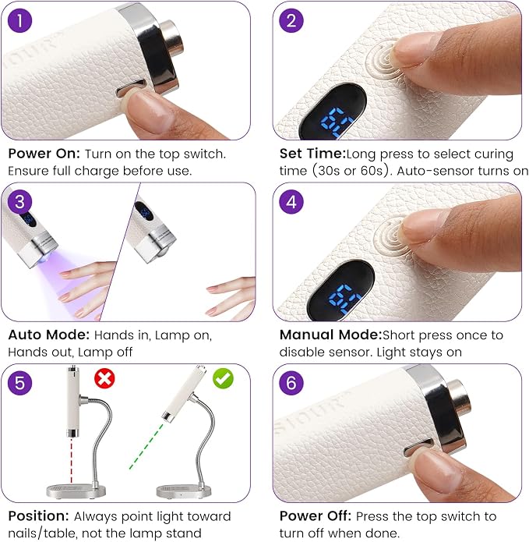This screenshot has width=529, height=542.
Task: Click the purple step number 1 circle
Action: tap(19, 20)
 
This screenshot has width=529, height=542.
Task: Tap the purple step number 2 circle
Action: tap(291, 20)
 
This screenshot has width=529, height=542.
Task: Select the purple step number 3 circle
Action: tap(19, 201)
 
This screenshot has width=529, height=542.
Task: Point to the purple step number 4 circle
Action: tap(291, 201)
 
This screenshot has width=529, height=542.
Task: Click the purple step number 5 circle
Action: tap(19, 383)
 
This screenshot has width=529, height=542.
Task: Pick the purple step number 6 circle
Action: tap(291, 383)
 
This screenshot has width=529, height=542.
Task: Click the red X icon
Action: tap(104, 378)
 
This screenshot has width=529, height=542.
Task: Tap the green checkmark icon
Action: tap(223, 378)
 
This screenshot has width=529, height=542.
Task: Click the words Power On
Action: tap(44, 154)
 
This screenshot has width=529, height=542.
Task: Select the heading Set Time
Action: tap(312, 154)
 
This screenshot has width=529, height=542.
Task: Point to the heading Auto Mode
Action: tap(48, 335)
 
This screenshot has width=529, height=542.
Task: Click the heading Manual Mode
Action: tap(331, 335)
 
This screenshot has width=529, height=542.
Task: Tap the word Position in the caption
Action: tap(39, 515)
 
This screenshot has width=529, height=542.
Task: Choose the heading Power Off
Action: tap(316, 515)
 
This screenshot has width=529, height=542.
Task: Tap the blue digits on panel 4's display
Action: tap(345, 299)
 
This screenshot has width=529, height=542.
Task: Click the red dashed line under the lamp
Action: tap(72, 460)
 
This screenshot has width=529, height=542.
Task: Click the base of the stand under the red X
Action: tap(76, 491)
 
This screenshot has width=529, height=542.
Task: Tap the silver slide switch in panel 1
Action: tap(130, 87)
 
